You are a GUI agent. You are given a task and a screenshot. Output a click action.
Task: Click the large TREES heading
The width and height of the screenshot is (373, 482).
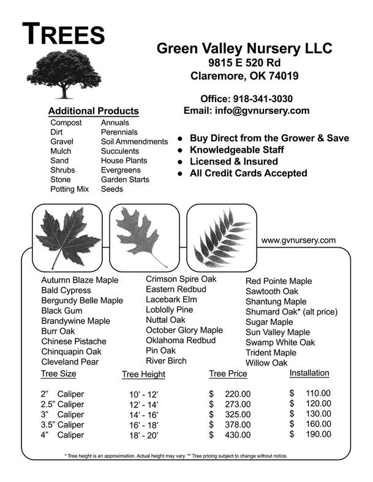64,34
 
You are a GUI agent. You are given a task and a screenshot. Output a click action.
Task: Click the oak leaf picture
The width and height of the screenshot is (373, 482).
140,232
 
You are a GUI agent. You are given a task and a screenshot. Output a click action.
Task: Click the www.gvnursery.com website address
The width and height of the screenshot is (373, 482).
298,240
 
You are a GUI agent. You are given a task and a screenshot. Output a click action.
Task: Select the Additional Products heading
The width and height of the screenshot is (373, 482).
93,111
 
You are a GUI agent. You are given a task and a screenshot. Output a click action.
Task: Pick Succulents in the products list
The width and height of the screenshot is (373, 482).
119,151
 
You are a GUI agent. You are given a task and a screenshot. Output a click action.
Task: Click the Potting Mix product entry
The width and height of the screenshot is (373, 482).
69,190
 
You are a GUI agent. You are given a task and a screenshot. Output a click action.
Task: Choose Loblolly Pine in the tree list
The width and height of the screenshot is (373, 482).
169,310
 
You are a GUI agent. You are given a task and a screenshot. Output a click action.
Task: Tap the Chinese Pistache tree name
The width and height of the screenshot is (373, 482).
73,341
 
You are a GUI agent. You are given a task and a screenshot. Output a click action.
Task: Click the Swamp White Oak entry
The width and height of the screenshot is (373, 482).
280,343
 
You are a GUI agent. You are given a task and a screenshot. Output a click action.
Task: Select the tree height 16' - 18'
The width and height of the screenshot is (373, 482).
143,425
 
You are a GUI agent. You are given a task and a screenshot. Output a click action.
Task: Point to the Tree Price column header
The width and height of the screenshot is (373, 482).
228,374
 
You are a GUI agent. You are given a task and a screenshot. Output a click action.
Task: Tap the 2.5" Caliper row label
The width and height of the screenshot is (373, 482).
62,404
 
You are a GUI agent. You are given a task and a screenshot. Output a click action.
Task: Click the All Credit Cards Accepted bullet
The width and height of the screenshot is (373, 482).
248,173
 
